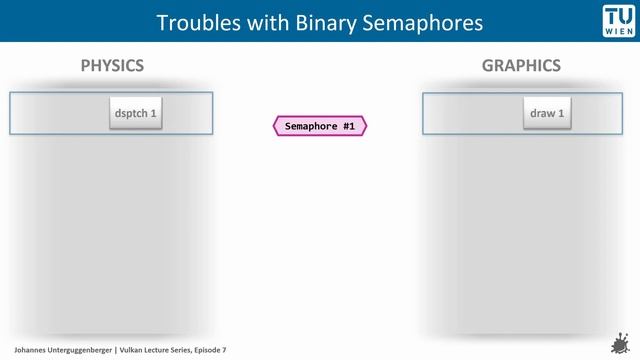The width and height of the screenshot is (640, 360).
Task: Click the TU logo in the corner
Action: pyautogui.click(x=618, y=15)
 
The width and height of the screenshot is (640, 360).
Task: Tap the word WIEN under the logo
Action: pyautogui.click(x=618, y=32)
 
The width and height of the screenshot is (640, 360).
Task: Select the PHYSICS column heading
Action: pyautogui.click(x=112, y=66)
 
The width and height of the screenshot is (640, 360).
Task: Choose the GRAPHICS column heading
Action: pyautogui.click(x=521, y=66)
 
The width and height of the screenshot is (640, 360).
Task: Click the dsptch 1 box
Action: pyautogui.click(x=135, y=114)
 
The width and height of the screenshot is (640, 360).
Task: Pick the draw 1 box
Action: pyautogui.click(x=548, y=114)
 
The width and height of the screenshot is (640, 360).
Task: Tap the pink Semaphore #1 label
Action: pyautogui.click(x=320, y=126)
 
